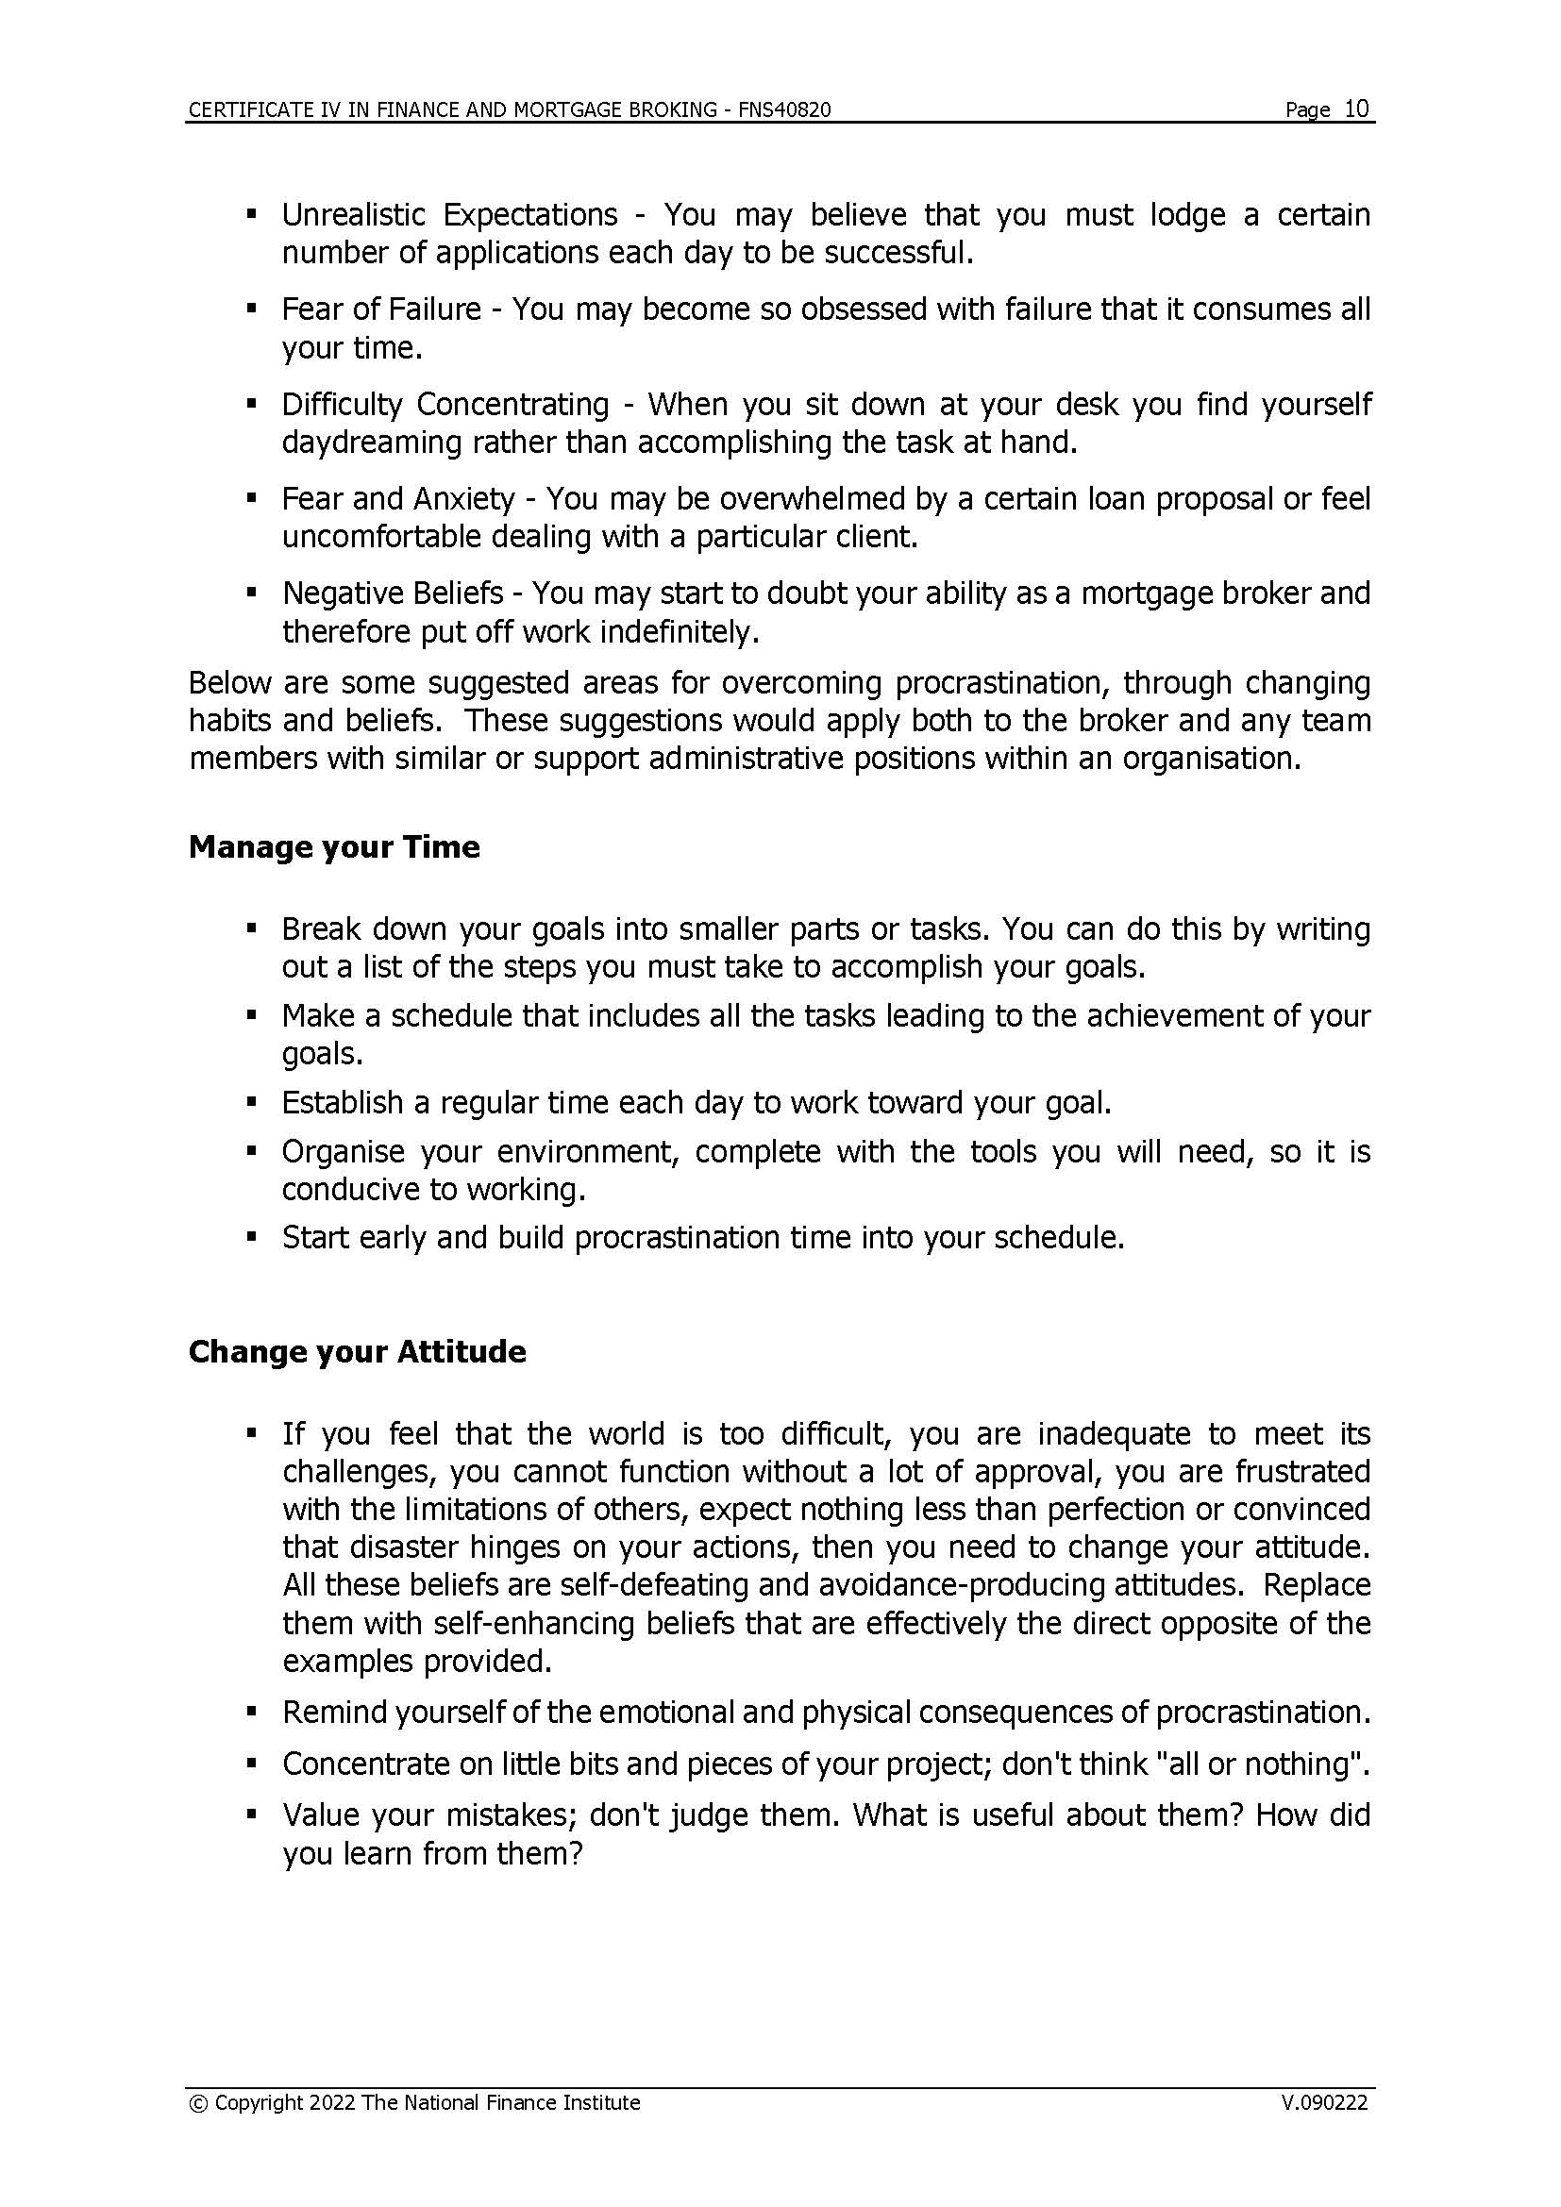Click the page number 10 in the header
tap(1356, 109)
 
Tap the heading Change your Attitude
tap(357, 1351)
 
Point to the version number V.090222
tap(1323, 2102)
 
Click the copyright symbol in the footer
tap(198, 2103)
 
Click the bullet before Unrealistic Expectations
tap(252, 213)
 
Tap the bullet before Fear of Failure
tap(252, 309)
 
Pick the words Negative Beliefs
tap(393, 594)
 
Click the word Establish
tap(343, 1101)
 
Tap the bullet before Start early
tap(252, 1237)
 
